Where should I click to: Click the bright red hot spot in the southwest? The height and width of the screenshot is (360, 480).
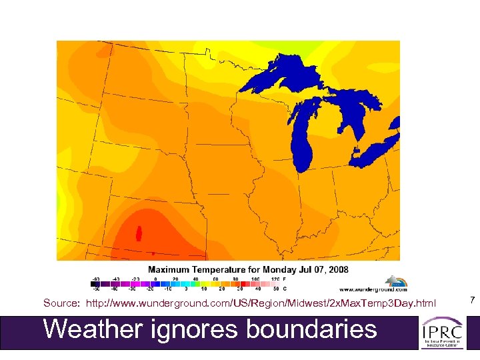(139, 234)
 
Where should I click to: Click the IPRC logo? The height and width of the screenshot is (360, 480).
(442, 332)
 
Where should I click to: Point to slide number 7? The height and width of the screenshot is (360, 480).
(471, 301)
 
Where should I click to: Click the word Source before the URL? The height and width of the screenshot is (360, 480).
(62, 303)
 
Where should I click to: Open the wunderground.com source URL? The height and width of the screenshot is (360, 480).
(261, 303)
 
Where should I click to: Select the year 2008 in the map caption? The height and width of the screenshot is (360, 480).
(337, 269)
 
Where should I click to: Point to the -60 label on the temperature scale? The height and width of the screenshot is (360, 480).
(95, 279)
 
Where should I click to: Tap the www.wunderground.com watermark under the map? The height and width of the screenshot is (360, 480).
(373, 289)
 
